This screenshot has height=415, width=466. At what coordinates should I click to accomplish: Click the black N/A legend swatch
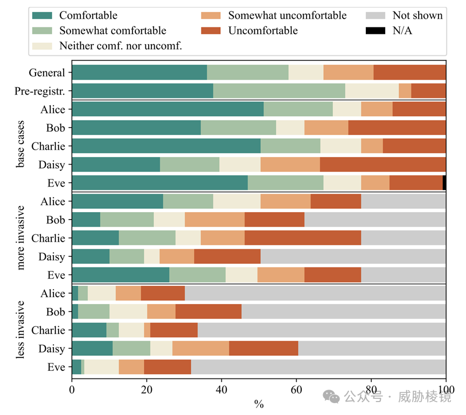pos(375,31)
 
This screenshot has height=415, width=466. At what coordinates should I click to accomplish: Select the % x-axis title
pos(259,404)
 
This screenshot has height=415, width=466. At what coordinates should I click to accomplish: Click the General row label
pos(47,73)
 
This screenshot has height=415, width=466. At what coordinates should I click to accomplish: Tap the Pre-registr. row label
pos(41,91)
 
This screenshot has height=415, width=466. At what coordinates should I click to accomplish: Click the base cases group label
pos(20,146)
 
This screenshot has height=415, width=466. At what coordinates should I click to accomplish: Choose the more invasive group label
pos(20,238)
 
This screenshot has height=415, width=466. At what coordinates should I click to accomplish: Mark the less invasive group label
pos(20,330)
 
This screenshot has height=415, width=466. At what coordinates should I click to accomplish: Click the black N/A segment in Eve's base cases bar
pos(444,183)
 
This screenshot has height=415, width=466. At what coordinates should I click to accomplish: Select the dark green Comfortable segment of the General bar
pos(139,73)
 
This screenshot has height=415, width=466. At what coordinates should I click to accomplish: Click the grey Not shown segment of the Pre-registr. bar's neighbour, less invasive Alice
pos(315,293)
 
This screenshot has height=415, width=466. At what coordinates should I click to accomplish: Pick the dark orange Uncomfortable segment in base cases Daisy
pos(382,165)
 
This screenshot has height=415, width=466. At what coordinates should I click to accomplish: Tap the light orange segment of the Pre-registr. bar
pos(405,91)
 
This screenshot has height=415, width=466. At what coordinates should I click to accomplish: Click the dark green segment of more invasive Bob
pos(86,220)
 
